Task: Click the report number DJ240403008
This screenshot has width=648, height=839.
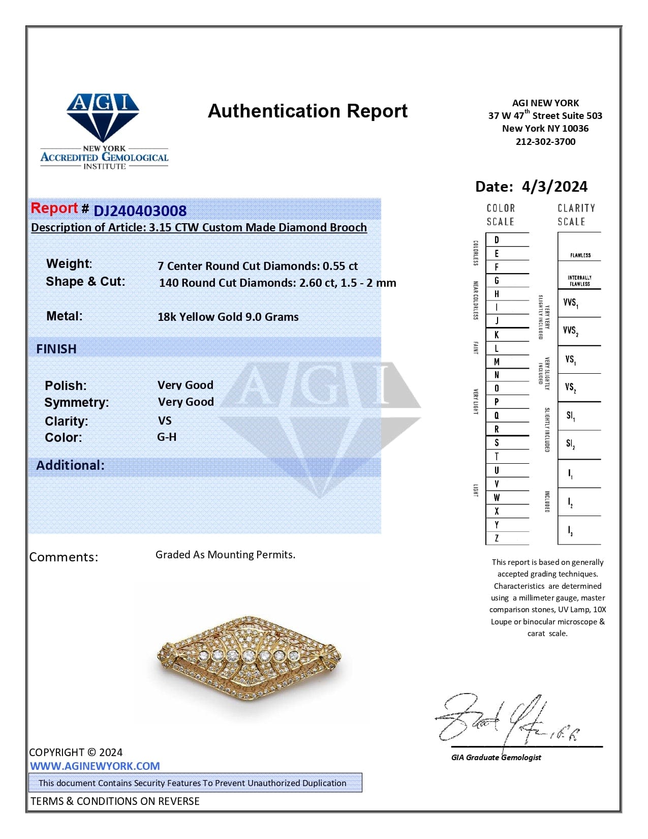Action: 140,211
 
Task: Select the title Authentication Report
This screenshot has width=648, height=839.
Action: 307,111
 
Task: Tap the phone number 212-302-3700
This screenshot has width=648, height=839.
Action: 545,142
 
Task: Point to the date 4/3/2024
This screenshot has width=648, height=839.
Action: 554,187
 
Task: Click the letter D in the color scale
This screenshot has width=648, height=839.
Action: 497,239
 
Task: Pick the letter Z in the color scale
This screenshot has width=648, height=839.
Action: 497,538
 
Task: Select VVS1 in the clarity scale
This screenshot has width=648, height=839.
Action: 570,303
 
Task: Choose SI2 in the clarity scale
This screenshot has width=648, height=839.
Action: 570,444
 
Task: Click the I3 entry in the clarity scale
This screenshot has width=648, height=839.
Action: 570,531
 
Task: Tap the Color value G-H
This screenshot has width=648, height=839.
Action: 167,437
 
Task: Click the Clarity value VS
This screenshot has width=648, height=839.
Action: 165,421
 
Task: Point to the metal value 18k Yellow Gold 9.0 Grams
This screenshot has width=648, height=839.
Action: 228,317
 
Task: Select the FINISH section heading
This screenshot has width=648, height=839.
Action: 56,349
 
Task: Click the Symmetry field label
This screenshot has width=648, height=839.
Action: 76,402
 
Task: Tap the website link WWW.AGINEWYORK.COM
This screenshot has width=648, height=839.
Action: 95,766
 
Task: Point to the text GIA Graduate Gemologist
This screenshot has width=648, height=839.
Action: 496,757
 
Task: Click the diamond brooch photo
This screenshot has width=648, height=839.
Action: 249,658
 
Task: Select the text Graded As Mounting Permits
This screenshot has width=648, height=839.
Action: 225,554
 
